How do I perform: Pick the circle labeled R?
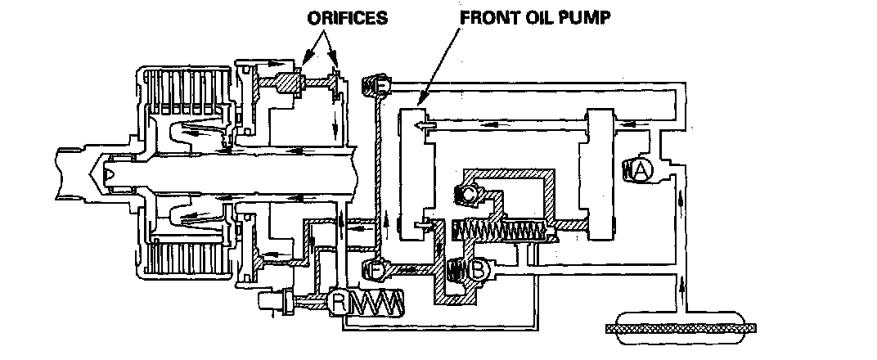(337, 303)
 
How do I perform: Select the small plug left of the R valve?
(272, 303)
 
